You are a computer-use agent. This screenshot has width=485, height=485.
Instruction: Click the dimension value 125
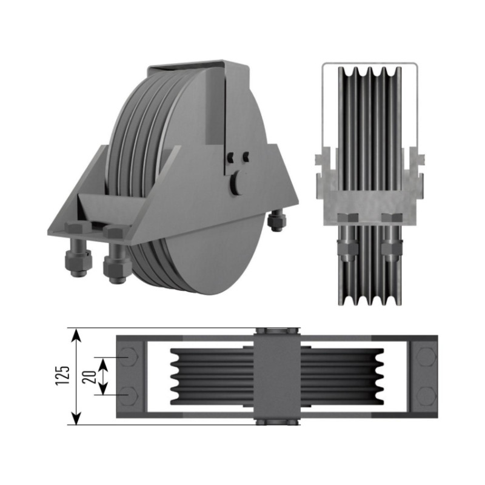point(63,375)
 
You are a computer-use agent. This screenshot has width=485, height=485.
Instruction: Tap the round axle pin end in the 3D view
point(236,182)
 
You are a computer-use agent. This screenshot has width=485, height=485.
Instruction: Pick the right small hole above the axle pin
point(246,156)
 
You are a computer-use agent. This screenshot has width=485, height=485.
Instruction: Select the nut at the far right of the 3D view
point(276,220)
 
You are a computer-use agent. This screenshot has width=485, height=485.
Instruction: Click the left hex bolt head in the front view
point(347,218)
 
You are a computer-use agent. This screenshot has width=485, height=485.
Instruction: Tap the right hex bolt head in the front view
point(392,218)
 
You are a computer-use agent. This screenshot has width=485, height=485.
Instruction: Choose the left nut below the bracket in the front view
point(346,247)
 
